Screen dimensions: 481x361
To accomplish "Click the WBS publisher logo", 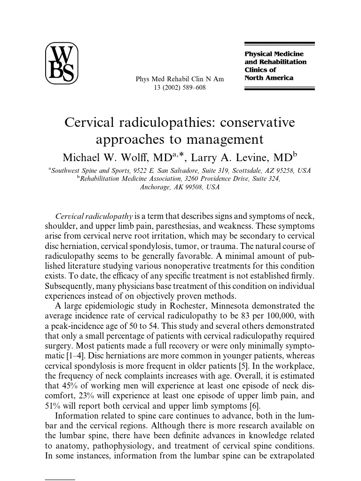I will pyautogui.click(x=62, y=63).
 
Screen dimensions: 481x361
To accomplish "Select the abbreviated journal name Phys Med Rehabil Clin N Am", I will pyautogui.click(x=180, y=79).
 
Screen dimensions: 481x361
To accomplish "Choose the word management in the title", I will pyautogui.click(x=223, y=140).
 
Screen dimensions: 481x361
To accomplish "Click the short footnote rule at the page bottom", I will pyautogui.click(x=60, y=480).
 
